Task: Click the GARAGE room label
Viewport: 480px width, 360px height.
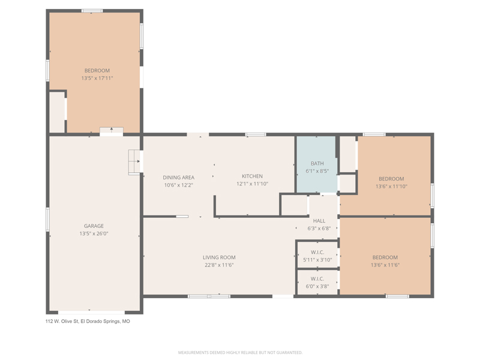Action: (94, 226)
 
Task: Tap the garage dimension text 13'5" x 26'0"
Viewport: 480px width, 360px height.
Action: (94, 233)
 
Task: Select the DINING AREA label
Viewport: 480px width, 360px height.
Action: (178, 178)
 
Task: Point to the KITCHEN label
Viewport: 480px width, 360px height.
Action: (252, 176)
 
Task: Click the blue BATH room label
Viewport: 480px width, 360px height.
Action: (317, 163)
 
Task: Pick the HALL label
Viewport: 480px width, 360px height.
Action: (319, 221)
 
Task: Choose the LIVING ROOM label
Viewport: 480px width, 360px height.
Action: (219, 257)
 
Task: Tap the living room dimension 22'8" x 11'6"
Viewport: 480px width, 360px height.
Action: (219, 265)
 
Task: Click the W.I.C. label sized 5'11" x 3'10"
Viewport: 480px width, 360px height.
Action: (317, 252)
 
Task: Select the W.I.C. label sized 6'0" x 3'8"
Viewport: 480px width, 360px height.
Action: (317, 279)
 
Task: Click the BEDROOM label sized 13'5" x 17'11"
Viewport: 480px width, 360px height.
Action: (97, 71)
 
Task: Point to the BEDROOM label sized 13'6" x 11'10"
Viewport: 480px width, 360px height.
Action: (391, 179)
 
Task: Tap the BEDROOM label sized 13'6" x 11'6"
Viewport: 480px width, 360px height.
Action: (385, 257)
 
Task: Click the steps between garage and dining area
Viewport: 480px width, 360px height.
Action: (134, 162)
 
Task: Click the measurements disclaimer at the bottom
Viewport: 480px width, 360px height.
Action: (240, 353)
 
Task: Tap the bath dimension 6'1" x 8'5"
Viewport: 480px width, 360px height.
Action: (317, 171)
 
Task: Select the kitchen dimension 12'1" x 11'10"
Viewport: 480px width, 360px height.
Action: (252, 184)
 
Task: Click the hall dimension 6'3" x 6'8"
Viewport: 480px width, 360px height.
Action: (319, 229)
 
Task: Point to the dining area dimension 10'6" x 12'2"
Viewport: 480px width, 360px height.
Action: (178, 185)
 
